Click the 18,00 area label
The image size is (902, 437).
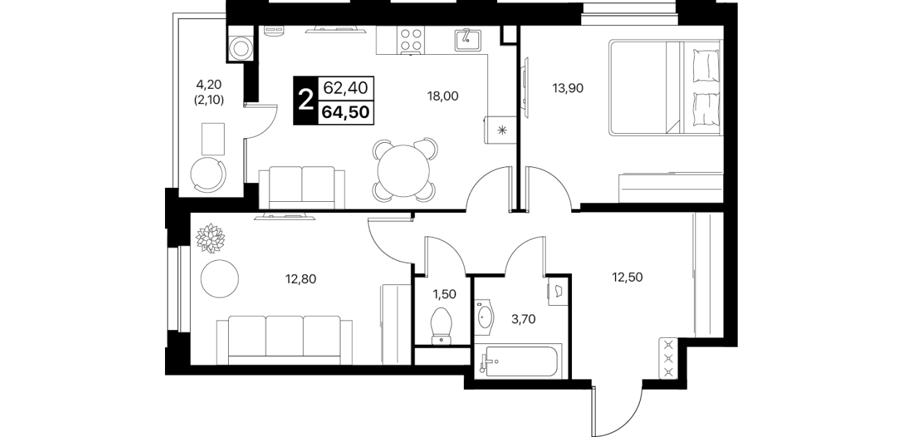click(442, 96)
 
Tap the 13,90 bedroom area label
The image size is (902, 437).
click(568, 88)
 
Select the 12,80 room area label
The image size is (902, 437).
click(301, 278)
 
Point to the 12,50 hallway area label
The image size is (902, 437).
click(627, 277)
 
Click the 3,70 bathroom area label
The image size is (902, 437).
click(523, 319)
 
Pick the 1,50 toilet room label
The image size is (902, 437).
click(444, 294)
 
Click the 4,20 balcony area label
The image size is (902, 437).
click(209, 84)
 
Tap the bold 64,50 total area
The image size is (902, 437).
click(345, 112)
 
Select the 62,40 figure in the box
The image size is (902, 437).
click(345, 88)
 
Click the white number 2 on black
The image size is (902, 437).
click(306, 101)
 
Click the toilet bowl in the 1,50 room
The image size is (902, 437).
click(442, 326)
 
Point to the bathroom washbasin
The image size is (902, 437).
click(485, 317)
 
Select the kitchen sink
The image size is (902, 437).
click(468, 40)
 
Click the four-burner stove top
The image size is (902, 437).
click(411, 40)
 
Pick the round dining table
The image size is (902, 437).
click(404, 171)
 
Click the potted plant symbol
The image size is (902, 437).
click(210, 238)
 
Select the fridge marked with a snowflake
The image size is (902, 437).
click(500, 130)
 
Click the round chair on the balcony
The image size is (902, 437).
click(208, 175)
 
